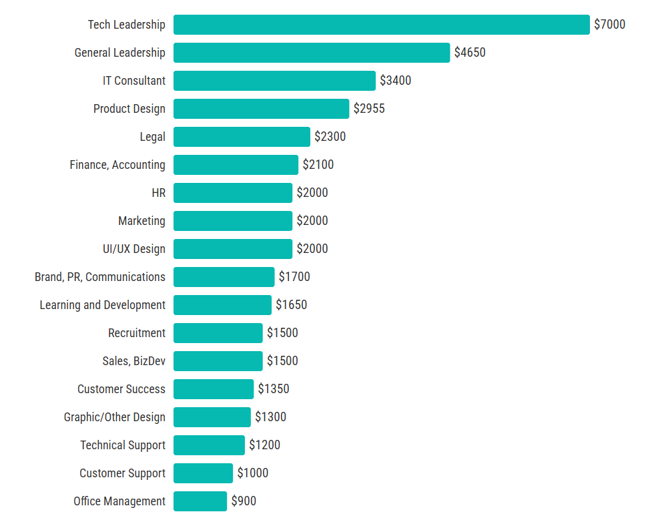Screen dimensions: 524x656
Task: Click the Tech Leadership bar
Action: point(381,25)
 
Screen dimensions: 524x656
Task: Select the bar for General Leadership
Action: point(312,53)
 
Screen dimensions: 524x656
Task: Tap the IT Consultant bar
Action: point(274,81)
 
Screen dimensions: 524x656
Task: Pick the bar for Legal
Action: point(242,137)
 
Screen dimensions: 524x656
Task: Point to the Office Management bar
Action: point(200,501)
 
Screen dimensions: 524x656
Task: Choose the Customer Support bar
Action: point(203,473)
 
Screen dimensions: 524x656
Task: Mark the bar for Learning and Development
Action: point(222,305)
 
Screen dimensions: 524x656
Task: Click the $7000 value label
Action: point(609,25)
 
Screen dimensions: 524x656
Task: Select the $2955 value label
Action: point(369,109)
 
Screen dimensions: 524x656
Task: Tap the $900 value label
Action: point(244,501)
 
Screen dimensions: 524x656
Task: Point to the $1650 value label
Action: point(292,305)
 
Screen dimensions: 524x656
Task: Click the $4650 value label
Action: point(470,53)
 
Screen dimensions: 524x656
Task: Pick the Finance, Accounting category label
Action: point(117,165)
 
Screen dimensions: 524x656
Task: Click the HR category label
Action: point(159,193)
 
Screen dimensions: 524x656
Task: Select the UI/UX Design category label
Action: point(134,249)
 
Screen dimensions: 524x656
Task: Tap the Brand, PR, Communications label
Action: point(100,277)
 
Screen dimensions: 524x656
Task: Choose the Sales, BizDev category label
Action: point(134,361)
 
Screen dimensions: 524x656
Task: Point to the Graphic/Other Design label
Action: point(115,417)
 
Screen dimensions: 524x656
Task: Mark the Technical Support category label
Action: point(123,445)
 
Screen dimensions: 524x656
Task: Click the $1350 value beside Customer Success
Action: point(274,389)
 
